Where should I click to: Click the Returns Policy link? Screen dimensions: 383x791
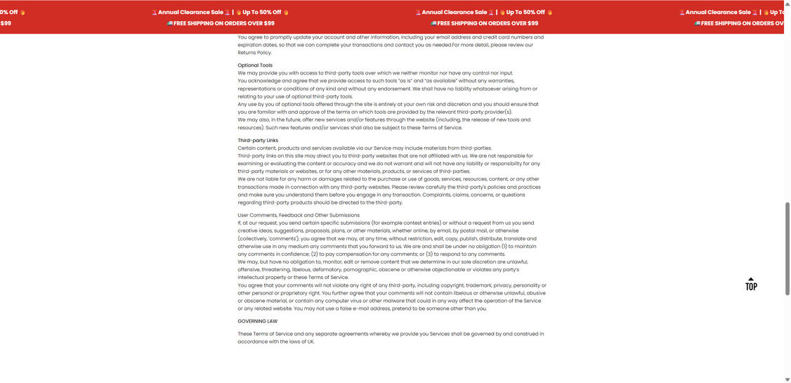254,53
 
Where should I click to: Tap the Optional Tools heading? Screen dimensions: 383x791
255,65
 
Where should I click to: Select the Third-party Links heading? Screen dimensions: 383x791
258,141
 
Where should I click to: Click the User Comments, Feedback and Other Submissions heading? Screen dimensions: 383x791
299,215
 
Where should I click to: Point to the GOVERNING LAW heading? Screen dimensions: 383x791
257,321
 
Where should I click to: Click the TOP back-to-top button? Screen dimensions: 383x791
751,284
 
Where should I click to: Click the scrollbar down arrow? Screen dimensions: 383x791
787,379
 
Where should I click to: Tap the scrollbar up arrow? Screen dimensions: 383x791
787,4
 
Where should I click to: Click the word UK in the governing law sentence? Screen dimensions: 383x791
310,342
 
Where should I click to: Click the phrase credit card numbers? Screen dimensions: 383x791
509,37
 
